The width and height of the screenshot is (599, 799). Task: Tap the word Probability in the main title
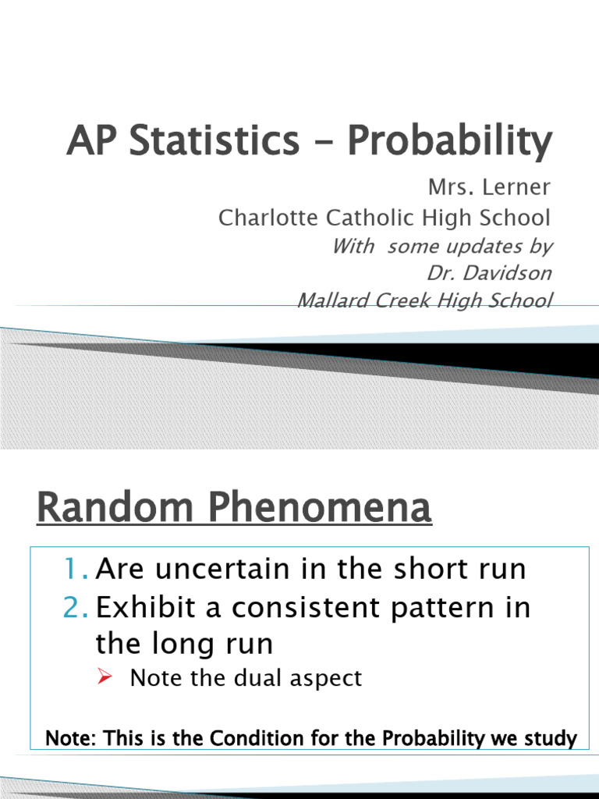(450, 141)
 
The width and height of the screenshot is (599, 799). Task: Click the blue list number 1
(77, 570)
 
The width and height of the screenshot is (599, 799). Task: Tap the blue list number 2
(77, 608)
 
